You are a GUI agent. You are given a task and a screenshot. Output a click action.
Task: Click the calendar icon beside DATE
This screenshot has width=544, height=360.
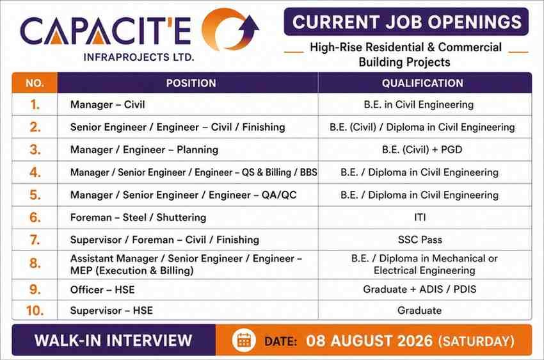(x=244, y=341)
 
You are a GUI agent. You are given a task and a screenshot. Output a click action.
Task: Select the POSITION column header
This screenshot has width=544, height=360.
(x=191, y=83)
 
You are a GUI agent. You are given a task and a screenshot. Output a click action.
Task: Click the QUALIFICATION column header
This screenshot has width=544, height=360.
(x=422, y=83)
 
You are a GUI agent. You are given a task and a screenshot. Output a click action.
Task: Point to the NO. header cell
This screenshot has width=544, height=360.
(x=35, y=83)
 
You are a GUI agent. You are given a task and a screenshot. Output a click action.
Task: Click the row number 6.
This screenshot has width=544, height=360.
(x=35, y=217)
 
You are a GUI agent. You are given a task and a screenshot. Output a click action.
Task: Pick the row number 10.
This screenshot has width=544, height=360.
(x=35, y=311)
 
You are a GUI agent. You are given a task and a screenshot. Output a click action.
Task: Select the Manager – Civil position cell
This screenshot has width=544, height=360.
(x=108, y=104)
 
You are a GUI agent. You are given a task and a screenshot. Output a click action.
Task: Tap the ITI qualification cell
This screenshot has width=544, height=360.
(x=420, y=217)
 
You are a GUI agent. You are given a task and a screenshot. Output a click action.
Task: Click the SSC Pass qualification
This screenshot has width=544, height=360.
(x=420, y=240)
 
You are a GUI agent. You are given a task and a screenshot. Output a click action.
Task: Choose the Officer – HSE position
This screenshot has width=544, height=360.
(x=102, y=290)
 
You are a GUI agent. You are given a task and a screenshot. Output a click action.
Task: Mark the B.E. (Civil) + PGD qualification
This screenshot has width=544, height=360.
(x=422, y=150)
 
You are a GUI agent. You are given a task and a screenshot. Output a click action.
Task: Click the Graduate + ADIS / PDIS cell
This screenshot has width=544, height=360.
(x=419, y=289)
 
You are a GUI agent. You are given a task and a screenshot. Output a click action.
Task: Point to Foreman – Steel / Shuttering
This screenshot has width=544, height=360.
(x=138, y=217)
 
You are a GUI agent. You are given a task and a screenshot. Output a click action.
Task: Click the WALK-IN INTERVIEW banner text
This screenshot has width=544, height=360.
(x=113, y=340)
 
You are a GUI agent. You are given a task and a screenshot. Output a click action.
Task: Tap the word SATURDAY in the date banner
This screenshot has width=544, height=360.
(x=476, y=341)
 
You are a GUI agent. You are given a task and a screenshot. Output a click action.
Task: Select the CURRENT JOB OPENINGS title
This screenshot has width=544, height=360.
(x=406, y=22)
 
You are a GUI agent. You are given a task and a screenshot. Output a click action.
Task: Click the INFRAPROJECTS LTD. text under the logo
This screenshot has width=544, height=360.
(x=139, y=57)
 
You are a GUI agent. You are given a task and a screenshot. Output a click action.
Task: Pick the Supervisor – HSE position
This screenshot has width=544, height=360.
(x=111, y=311)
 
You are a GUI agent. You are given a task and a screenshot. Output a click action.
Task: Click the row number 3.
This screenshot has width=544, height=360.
(x=35, y=150)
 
